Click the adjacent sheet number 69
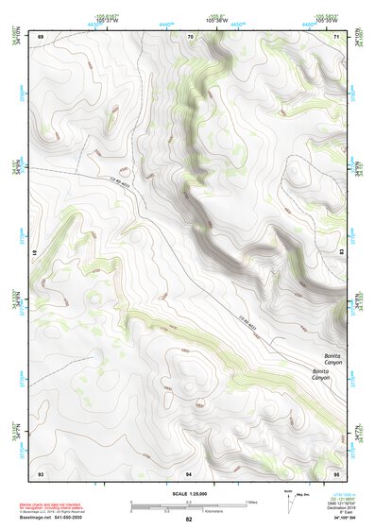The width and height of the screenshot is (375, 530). tap(41, 36)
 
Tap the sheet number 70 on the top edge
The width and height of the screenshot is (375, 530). tap(190, 36)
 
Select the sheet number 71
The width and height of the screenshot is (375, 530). tap(337, 36)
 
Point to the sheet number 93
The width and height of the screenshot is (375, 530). tap(41, 472)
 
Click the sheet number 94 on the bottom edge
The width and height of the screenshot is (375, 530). tap(189, 472)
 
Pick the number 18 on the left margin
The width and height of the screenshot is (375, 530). tap(36, 254)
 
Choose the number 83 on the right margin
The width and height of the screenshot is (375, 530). tap(341, 254)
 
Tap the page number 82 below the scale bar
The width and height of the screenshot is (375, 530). tap(189, 520)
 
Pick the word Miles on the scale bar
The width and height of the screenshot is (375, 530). tap(250, 502)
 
